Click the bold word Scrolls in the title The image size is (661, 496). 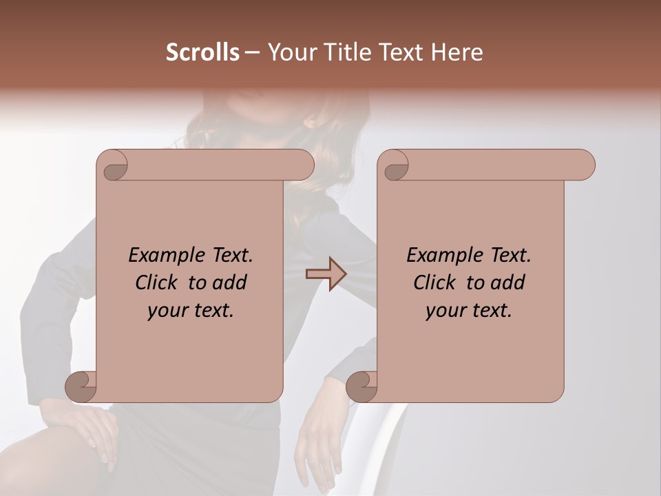[x=202, y=52]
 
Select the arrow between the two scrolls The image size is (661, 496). [x=326, y=274]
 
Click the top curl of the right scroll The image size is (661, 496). [x=395, y=166]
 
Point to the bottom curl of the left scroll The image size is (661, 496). [x=81, y=386]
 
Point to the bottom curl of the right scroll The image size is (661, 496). [x=362, y=386]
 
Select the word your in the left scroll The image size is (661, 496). [x=166, y=311]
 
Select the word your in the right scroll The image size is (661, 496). [x=444, y=311]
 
